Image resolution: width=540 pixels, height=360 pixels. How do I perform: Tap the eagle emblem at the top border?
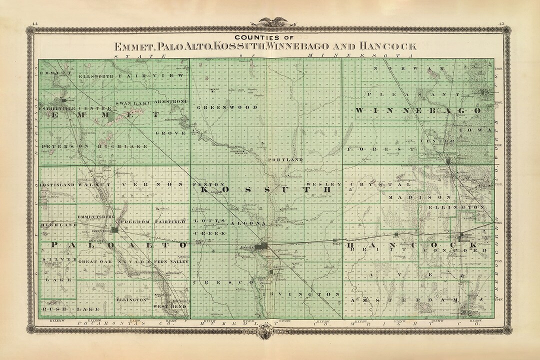[270, 21]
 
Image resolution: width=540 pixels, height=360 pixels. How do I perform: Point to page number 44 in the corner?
[34, 23]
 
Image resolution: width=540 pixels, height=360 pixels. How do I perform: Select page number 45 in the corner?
[501, 23]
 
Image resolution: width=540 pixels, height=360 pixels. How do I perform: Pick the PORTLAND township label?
[286, 159]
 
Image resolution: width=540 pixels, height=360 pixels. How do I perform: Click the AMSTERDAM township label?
[410, 299]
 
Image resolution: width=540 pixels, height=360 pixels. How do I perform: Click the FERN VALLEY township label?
[171, 262]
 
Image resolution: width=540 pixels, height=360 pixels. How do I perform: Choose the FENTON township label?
[203, 184]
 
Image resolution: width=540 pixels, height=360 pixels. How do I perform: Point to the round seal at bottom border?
[270, 330]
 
